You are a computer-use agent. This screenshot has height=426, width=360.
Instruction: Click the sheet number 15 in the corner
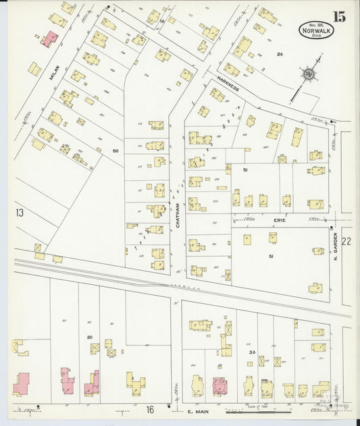(x=338, y=17)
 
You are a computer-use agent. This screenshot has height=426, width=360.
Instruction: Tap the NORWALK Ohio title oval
(x=317, y=30)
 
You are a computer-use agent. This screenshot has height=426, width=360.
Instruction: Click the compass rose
(x=308, y=73)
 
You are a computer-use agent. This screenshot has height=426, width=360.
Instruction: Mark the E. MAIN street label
(x=194, y=409)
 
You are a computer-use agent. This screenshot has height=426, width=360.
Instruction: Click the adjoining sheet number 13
(x=20, y=213)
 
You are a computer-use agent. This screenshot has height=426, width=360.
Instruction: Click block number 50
(x=115, y=151)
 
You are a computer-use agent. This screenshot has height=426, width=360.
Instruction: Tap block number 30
(x=89, y=337)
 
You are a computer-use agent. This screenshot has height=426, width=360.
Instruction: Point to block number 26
(x=278, y=53)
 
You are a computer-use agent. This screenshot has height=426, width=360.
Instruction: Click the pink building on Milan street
(x=49, y=38)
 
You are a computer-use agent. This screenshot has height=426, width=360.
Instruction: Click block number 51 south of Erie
(x=271, y=256)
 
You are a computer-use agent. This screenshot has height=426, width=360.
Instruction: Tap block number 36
(x=251, y=352)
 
